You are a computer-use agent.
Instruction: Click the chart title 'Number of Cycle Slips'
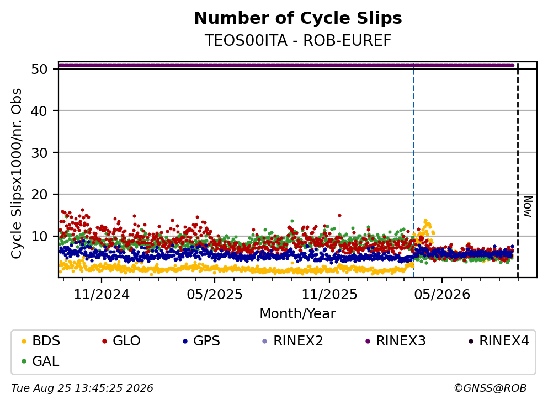pos(298,18)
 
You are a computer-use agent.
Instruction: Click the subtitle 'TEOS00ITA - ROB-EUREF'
pos(298,40)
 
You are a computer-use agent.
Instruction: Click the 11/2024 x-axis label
pos(102,295)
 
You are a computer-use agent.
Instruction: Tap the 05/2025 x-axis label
pos(215,295)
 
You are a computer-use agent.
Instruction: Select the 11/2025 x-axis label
pos(329,295)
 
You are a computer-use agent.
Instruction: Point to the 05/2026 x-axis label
pos(442,295)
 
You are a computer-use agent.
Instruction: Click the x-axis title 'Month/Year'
pos(298,314)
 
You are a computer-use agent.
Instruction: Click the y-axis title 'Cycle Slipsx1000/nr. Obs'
pos(16,174)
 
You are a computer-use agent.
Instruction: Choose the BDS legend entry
pos(41,340)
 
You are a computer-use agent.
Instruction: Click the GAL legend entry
pos(40,361)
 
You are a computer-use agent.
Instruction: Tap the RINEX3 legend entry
pos(396,340)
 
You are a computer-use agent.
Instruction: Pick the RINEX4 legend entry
pos(499,340)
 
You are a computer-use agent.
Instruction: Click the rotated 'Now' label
pos(528,206)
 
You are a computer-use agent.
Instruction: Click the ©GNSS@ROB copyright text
pos(490,388)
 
